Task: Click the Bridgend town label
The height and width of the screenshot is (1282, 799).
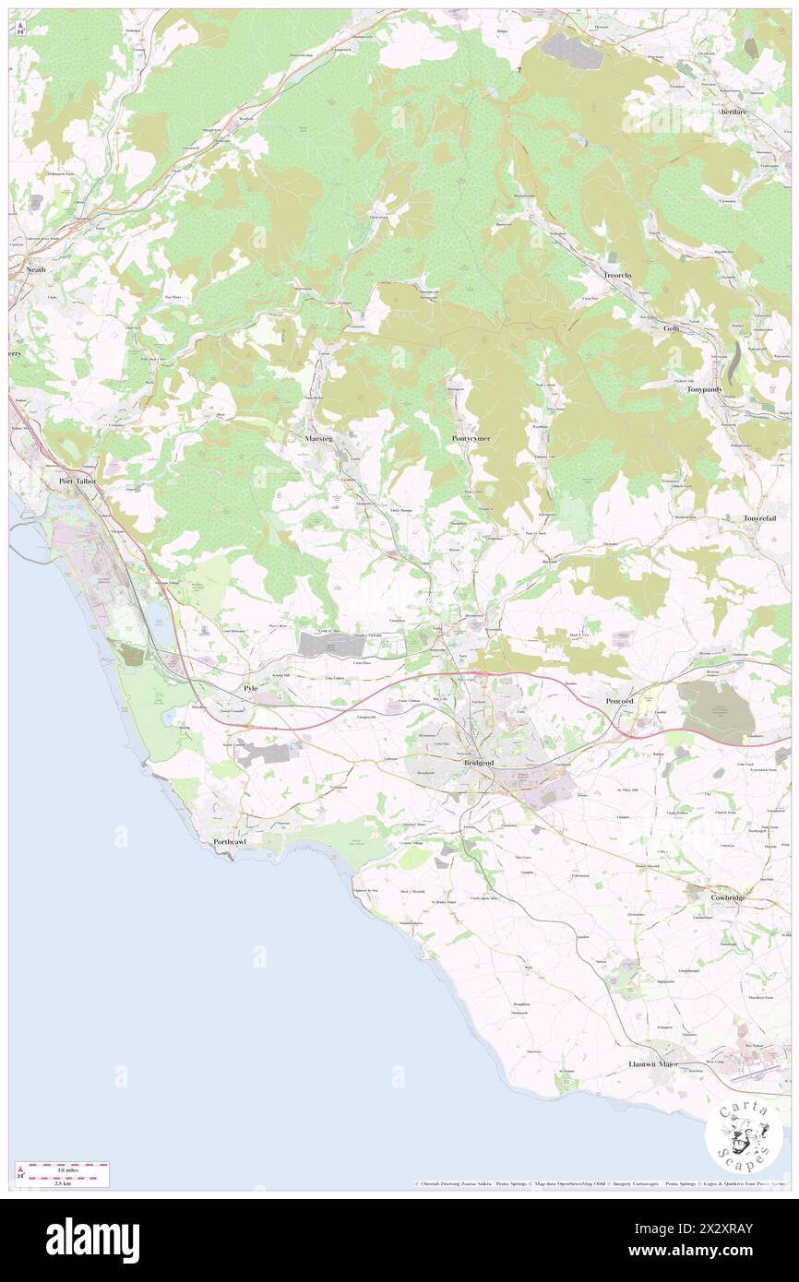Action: pos(478,764)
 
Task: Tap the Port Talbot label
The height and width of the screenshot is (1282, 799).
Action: pos(78,481)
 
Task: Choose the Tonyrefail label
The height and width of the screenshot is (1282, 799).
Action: pos(762,519)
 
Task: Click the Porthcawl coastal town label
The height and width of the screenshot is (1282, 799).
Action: pos(228,842)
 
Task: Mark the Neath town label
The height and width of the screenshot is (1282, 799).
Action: pos(36,269)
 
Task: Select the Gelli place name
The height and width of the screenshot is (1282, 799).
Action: pos(671,328)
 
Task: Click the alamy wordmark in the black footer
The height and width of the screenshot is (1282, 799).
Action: pos(92,1240)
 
